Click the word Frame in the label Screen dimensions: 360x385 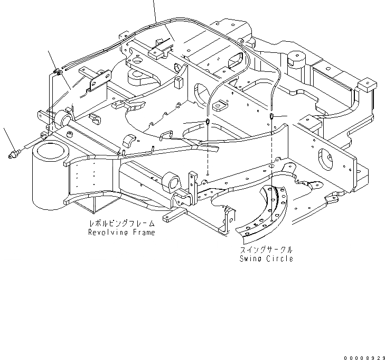pos(143,233)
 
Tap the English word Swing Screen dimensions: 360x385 pos(249,259)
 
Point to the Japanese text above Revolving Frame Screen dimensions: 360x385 pos(122,224)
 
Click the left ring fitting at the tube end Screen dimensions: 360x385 pos(208,123)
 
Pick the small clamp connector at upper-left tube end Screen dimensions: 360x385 pos(59,71)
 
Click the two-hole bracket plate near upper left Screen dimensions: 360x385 pos(100,81)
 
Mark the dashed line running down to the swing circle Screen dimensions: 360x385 pos(271,159)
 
